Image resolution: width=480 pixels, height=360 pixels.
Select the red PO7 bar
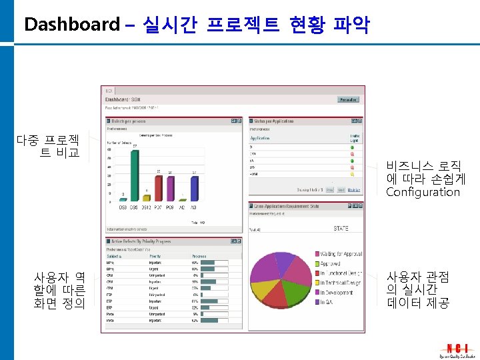(x=159, y=188)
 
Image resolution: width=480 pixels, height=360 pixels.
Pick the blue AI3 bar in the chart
(x=194, y=189)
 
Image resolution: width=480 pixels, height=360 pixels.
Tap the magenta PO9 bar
(x=171, y=189)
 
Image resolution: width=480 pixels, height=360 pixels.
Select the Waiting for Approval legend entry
(x=340, y=254)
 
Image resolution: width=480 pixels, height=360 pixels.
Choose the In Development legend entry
(x=337, y=292)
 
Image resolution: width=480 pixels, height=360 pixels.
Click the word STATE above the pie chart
(x=340, y=229)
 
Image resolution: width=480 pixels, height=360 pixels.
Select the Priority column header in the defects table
(x=155, y=255)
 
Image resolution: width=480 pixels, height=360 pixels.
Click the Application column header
(x=260, y=138)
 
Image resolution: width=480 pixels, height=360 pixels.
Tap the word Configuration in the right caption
(x=423, y=192)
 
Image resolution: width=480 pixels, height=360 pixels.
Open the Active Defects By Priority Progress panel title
(x=141, y=242)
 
